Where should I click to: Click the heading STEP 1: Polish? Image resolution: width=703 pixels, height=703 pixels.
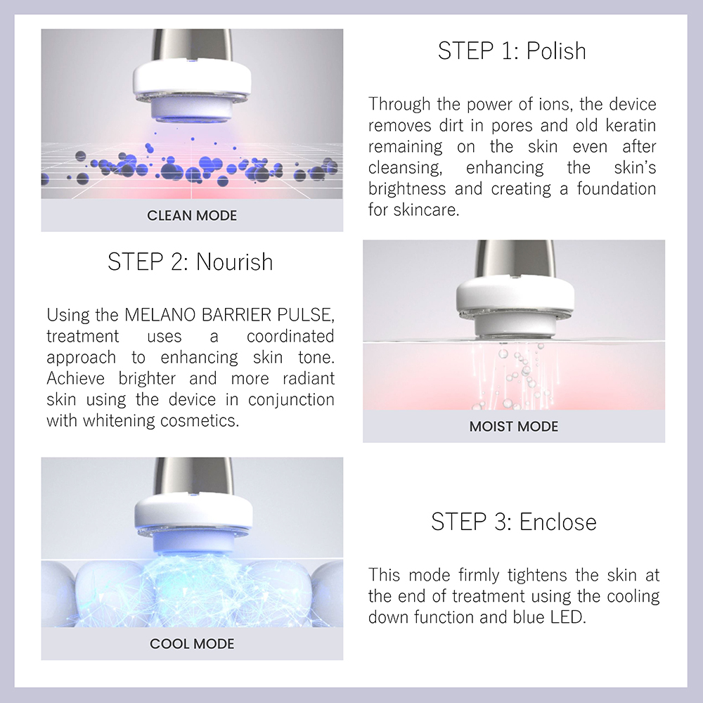pyautogui.click(x=512, y=51)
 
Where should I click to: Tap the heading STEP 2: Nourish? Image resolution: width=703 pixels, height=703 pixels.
pyautogui.click(x=190, y=262)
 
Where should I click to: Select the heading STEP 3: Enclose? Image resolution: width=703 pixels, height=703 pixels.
pyautogui.click(x=514, y=522)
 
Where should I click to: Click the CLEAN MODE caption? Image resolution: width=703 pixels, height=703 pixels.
pyautogui.click(x=192, y=216)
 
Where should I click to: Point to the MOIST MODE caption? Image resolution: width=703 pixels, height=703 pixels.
pyautogui.click(x=514, y=427)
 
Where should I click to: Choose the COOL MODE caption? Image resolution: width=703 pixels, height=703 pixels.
pyautogui.click(x=192, y=644)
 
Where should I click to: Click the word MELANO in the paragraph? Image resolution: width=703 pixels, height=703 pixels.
pyautogui.click(x=160, y=315)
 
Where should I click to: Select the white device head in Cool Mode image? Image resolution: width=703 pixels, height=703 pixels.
pyautogui.click(x=193, y=522)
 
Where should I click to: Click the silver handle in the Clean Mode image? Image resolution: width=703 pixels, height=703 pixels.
pyautogui.click(x=192, y=45)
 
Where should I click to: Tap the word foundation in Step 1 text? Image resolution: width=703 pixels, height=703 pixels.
pyautogui.click(x=617, y=188)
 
